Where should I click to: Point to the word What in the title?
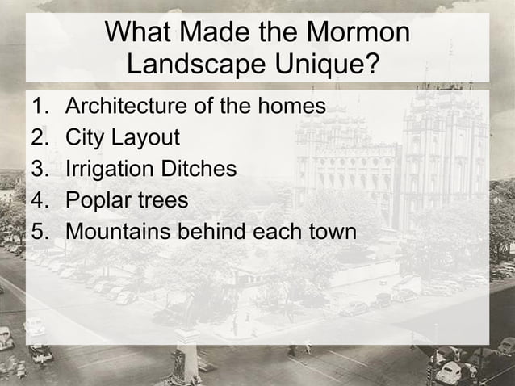140,33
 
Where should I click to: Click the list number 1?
40,106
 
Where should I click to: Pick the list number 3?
40,169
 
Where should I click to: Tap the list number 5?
40,232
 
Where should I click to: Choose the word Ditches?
198,169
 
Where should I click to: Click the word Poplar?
98,201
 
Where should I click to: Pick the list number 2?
40,137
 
